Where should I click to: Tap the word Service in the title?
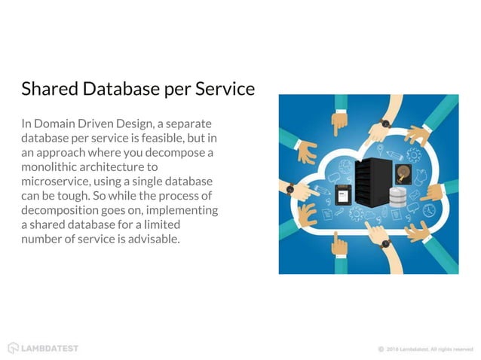pyautogui.click(x=225, y=90)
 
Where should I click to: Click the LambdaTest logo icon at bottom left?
pyautogui.click(x=13, y=348)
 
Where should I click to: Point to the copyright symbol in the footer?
pyautogui.click(x=381, y=349)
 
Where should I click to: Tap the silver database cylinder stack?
pyautogui.click(x=399, y=197)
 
